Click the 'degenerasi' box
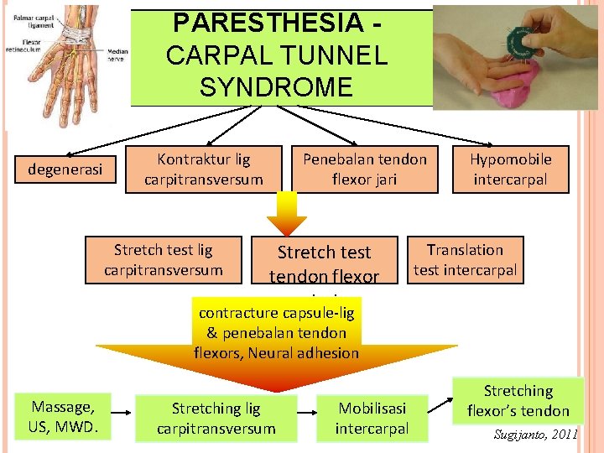click(x=65, y=169)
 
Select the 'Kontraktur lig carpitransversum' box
click(x=203, y=169)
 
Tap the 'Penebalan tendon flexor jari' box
click(x=365, y=169)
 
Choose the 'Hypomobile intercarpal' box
click(x=510, y=169)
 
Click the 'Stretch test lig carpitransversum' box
click(x=164, y=259)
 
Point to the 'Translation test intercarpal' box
click(x=465, y=259)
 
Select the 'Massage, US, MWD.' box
click(x=63, y=418)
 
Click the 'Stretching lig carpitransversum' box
click(x=216, y=418)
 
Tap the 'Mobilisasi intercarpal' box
click(x=372, y=418)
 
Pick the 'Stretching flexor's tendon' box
click(x=518, y=400)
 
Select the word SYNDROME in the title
click(x=277, y=86)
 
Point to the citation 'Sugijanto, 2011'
click(x=536, y=435)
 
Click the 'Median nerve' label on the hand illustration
click(x=117, y=55)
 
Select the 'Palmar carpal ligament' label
click(x=31, y=18)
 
